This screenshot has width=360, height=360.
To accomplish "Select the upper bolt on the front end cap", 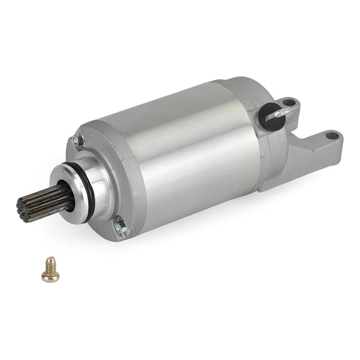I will tap(78, 141).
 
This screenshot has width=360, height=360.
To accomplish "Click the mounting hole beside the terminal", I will tap(288, 102).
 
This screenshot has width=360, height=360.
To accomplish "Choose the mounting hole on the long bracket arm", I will tap(332, 135).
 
